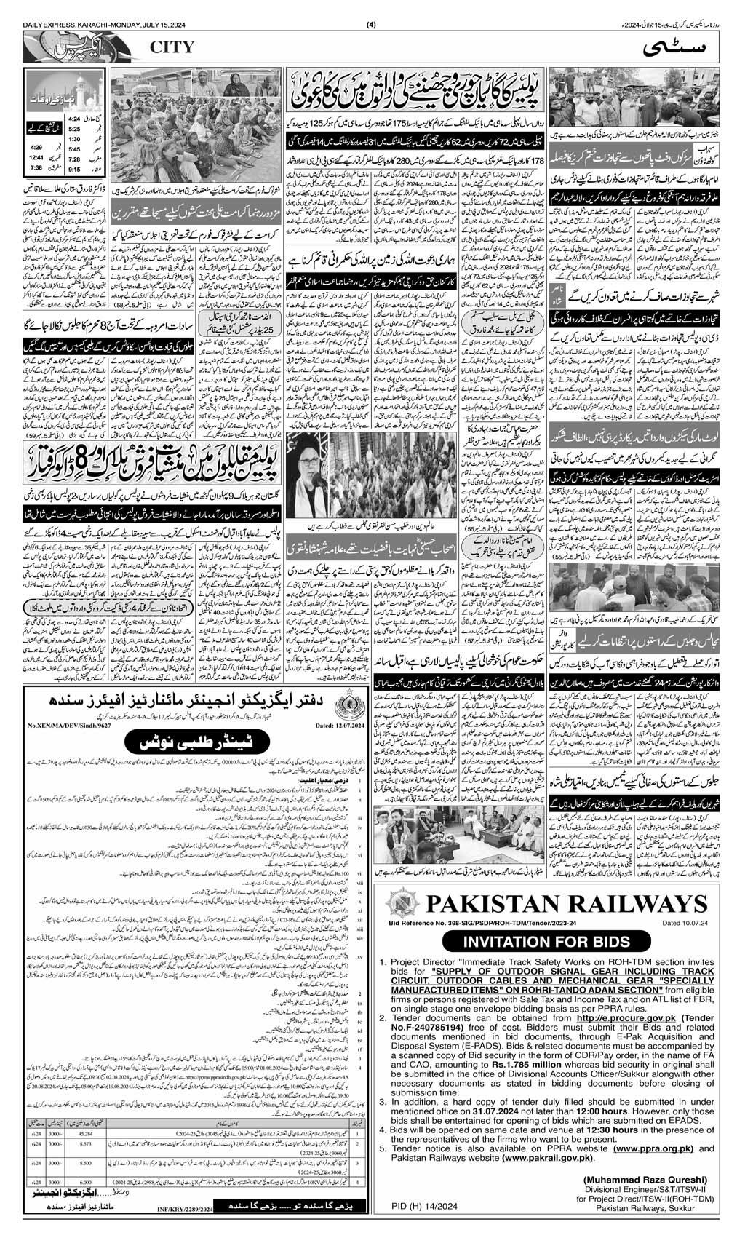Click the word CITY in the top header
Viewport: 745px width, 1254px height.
click(172, 47)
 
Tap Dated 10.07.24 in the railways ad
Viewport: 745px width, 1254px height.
click(679, 923)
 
